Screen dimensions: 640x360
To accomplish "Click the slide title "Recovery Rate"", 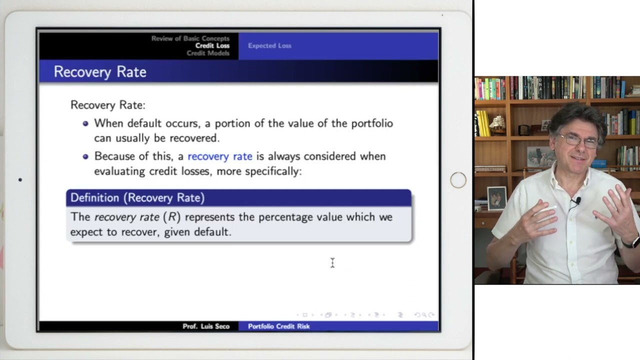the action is pos(100,71).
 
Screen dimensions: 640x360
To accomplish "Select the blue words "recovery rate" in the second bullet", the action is pos(220,156).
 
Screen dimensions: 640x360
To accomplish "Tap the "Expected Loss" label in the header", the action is pos(269,45).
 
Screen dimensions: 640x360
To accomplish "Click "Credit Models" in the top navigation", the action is pos(208,53).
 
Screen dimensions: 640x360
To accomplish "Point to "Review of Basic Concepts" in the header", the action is pos(190,38).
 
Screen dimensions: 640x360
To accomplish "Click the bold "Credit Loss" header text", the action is pos(212,45).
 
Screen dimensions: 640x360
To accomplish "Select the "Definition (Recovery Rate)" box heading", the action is pos(137,197).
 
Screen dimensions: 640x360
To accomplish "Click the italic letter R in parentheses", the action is pos(172,217).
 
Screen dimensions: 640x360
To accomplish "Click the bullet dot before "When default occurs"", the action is pos(85,123).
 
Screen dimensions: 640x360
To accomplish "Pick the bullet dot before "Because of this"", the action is pos(85,156).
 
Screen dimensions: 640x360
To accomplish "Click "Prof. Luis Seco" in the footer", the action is pos(206,326).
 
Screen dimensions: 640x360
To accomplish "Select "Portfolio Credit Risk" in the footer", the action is pos(279,326).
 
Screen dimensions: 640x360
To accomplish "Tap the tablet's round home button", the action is pos(458,180).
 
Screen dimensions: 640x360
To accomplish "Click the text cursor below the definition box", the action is pos(332,263).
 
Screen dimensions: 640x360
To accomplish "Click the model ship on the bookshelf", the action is pos(497,123).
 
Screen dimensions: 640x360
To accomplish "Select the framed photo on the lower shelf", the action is pos(496,198).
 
